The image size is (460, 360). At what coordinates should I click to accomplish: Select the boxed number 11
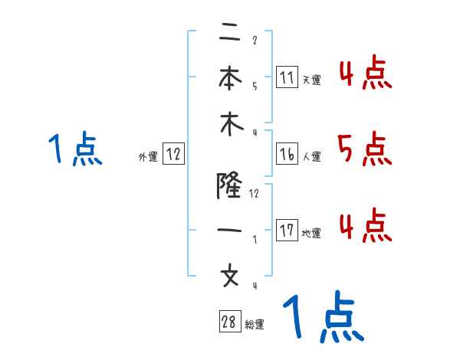point(287,77)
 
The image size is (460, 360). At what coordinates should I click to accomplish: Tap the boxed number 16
point(287,155)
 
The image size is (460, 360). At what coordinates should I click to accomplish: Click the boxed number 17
point(287,231)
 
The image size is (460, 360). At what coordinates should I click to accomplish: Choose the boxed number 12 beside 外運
point(173,155)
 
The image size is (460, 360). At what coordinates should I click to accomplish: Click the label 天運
point(311,80)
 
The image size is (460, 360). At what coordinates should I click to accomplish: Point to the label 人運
point(311,157)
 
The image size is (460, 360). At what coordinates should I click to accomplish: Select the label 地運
point(311,234)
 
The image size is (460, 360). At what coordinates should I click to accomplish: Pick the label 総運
point(255,325)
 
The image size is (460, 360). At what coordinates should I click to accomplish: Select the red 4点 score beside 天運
point(365,74)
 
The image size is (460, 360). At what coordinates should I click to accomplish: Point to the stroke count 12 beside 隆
point(255,194)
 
